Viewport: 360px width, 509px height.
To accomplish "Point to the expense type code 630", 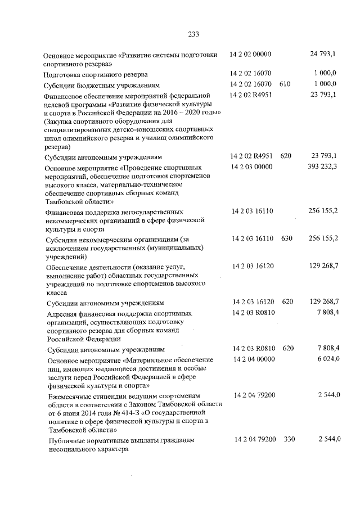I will click(287, 238).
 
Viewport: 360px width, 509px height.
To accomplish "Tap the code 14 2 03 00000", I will click(252, 166).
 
